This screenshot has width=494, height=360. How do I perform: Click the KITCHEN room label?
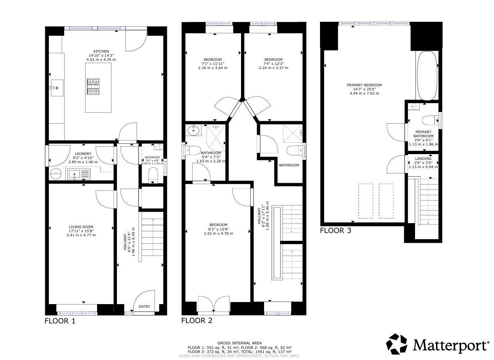[101, 51]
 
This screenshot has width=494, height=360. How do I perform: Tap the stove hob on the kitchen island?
[93, 86]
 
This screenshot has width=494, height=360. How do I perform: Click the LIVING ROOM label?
[81, 226]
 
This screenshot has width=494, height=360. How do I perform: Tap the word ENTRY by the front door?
[144, 307]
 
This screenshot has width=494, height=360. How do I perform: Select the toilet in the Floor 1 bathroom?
[153, 174]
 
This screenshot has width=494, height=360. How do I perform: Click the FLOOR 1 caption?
[60, 321]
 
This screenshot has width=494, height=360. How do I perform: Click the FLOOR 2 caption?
[197, 321]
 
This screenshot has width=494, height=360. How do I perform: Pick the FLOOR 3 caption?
[336, 231]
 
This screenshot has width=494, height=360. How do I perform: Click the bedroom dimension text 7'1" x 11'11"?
[212, 64]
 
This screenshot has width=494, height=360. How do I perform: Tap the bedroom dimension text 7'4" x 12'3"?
[273, 64]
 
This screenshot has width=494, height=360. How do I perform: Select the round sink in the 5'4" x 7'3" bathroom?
[192, 131]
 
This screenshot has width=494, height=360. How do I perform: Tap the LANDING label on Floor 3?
[423, 159]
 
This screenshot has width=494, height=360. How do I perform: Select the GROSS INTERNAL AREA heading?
[239, 343]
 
